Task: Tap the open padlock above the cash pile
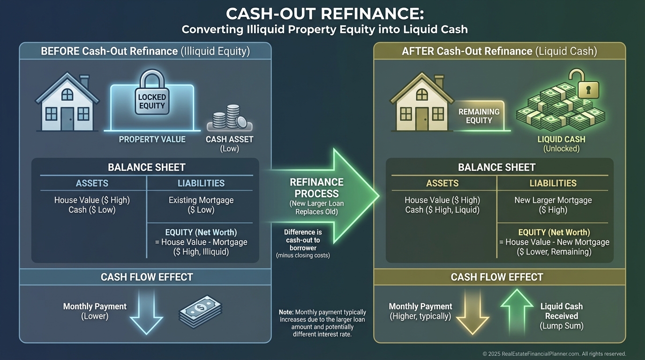(577, 84)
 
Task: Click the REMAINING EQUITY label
(479, 116)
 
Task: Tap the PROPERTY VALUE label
(152, 139)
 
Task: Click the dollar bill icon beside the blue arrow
(200, 311)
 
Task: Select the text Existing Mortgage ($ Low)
(201, 205)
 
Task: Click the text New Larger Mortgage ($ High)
(553, 205)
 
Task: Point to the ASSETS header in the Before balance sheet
(92, 183)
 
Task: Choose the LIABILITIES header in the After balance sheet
(553, 183)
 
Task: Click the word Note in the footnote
(286, 312)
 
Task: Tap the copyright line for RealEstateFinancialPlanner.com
(554, 354)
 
